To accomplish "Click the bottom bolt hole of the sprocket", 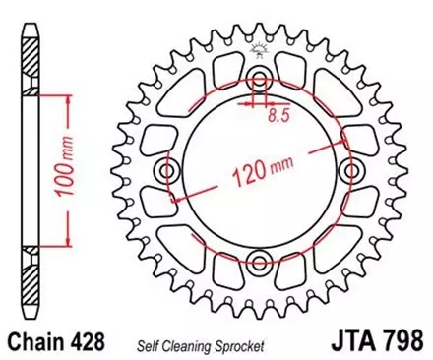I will (258, 260).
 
